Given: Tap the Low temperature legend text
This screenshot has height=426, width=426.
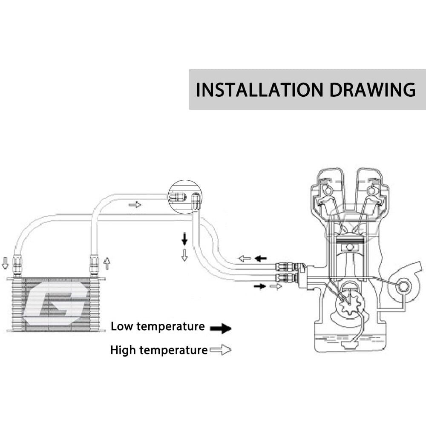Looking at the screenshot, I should (158, 327).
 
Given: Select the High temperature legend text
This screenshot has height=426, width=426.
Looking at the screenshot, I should (158, 350).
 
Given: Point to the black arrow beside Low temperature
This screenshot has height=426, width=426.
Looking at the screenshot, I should (221, 328).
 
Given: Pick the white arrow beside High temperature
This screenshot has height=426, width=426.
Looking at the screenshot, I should (221, 350).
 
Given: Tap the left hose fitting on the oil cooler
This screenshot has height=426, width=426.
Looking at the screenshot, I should (17, 264).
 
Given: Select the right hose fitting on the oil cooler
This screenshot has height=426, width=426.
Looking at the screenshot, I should (94, 264).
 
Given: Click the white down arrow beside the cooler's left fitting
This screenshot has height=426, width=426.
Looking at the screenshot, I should (5, 263).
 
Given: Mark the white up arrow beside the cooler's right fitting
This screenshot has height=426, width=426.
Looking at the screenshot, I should (106, 263).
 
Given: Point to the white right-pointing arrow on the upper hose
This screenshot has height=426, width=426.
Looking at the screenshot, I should (135, 205).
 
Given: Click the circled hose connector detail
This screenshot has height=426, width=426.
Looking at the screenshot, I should (185, 197).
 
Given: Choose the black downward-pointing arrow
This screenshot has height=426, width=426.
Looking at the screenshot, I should (184, 239).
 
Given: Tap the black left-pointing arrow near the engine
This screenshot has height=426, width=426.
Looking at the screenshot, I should (260, 258).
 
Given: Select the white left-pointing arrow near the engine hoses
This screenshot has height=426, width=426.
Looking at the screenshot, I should (244, 258).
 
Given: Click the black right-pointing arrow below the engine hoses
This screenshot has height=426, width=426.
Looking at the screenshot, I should (259, 286).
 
